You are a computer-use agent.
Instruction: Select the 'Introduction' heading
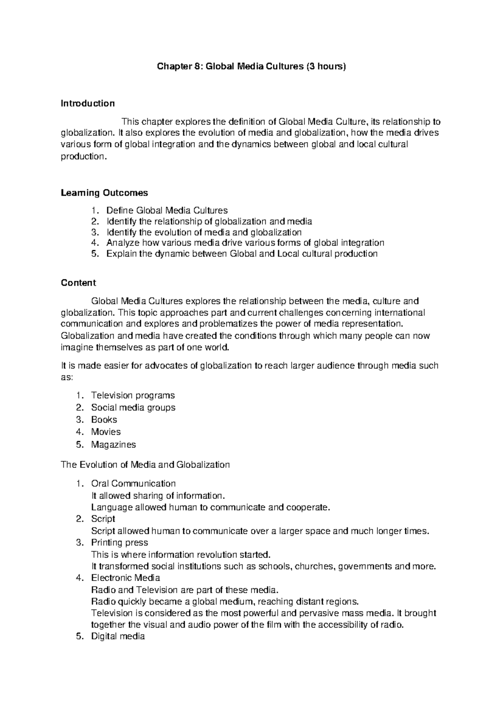(88, 103)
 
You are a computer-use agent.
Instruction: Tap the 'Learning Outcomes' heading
(104, 193)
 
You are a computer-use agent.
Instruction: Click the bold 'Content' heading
(78, 283)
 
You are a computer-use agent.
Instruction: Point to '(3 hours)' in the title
(326, 66)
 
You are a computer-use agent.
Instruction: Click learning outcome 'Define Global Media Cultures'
(167, 210)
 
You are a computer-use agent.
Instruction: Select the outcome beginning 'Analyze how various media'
(245, 243)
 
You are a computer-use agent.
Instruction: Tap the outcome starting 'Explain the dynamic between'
(242, 254)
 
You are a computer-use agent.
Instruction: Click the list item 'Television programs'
(133, 395)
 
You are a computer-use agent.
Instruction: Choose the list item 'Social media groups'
(133, 407)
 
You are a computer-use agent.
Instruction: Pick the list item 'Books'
(104, 420)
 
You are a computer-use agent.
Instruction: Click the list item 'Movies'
(106, 432)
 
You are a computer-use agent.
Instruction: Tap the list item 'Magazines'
(114, 444)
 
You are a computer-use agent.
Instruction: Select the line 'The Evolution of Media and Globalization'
(145, 464)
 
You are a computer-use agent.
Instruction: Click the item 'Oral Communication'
(133, 483)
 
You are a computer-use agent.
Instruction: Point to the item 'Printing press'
(119, 542)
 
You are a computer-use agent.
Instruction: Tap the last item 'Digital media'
(118, 636)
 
